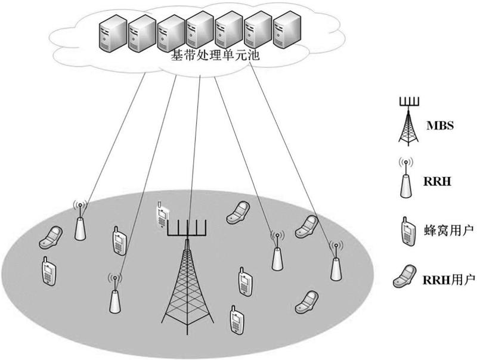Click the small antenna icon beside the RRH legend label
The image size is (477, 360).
pyautogui.click(x=406, y=178)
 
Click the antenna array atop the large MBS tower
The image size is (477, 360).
pyautogui.click(x=187, y=228)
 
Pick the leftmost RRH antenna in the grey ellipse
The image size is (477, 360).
pyautogui.click(x=80, y=220)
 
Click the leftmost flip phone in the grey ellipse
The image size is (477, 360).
pyautogui.click(x=51, y=237)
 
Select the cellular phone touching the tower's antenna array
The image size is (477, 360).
pyautogui.click(x=160, y=215)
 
